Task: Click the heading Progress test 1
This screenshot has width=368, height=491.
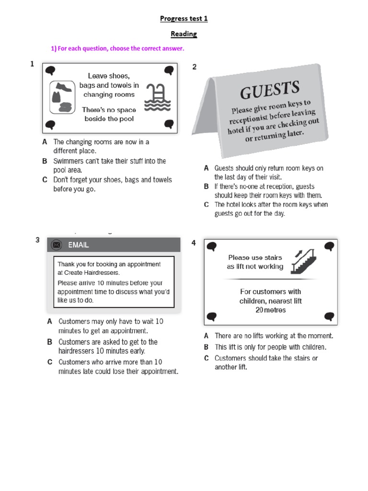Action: (x=184, y=19)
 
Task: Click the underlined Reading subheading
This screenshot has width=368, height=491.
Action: (x=184, y=34)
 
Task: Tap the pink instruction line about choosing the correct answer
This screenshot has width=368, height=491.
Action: (x=117, y=49)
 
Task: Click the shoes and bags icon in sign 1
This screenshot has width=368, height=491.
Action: (x=61, y=97)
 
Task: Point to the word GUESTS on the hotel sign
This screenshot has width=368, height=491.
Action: (x=270, y=90)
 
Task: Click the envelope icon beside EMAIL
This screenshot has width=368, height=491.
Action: (x=57, y=245)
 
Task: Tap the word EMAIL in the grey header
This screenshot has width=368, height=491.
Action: (x=79, y=245)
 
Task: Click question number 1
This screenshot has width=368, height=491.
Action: (x=32, y=63)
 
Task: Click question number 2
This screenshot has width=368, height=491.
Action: (x=195, y=67)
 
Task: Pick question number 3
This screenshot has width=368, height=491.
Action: (x=37, y=240)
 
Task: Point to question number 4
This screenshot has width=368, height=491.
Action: (x=194, y=243)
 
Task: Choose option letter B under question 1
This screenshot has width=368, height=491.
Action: (x=45, y=161)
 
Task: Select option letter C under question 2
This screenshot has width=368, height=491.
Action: (x=206, y=204)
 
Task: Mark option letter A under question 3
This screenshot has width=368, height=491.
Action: (x=50, y=321)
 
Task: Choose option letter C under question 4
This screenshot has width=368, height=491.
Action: (x=206, y=358)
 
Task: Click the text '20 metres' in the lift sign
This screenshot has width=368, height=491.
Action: (x=270, y=310)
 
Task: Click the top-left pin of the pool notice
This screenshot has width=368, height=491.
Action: (x=50, y=71)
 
